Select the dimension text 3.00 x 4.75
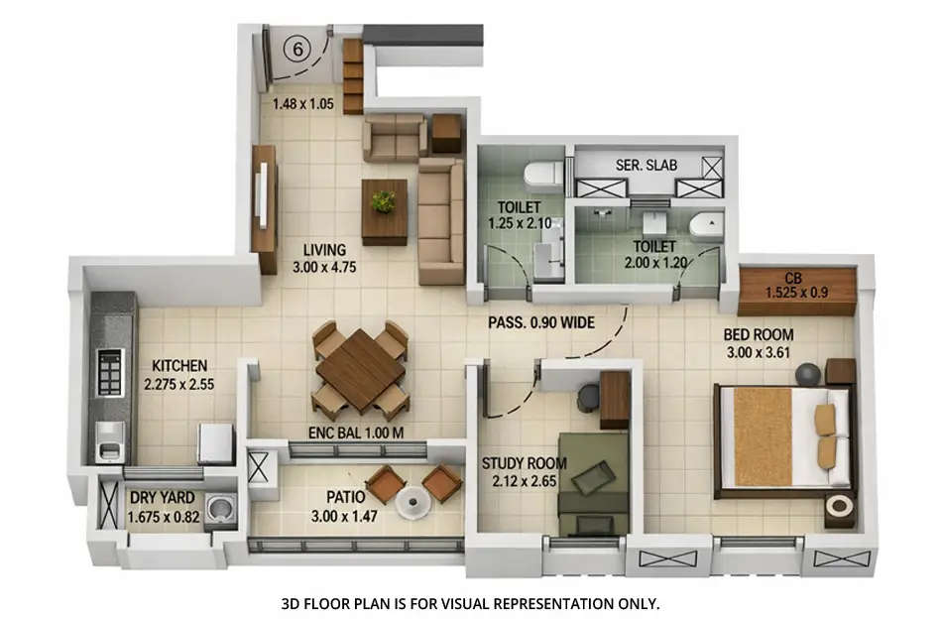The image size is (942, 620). pyautogui.click(x=324, y=267)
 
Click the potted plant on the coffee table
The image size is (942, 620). pyautogui.click(x=383, y=201)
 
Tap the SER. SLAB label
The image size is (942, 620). pyautogui.click(x=646, y=165)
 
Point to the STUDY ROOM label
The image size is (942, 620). pyautogui.click(x=525, y=463)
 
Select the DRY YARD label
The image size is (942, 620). pyautogui.click(x=163, y=499)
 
